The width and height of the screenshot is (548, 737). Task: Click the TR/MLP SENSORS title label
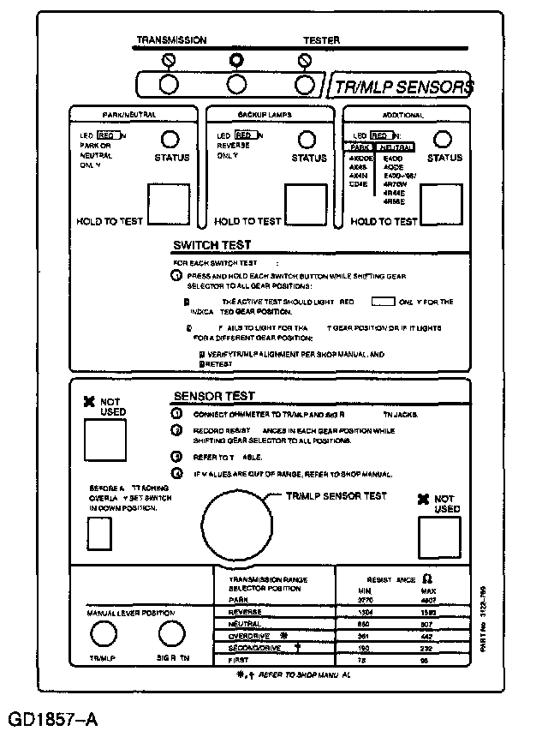click(x=403, y=87)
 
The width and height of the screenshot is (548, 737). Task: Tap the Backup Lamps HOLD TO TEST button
click(x=306, y=202)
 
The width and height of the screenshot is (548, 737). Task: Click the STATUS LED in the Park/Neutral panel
click(x=170, y=140)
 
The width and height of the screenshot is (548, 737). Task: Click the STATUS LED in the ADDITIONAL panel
click(x=443, y=140)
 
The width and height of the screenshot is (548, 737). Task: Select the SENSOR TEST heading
click(x=214, y=396)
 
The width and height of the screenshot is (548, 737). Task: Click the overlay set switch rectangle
click(x=100, y=534)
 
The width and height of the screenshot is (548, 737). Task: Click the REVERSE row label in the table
click(x=247, y=613)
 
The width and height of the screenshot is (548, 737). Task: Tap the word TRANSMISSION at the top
click(x=171, y=40)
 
